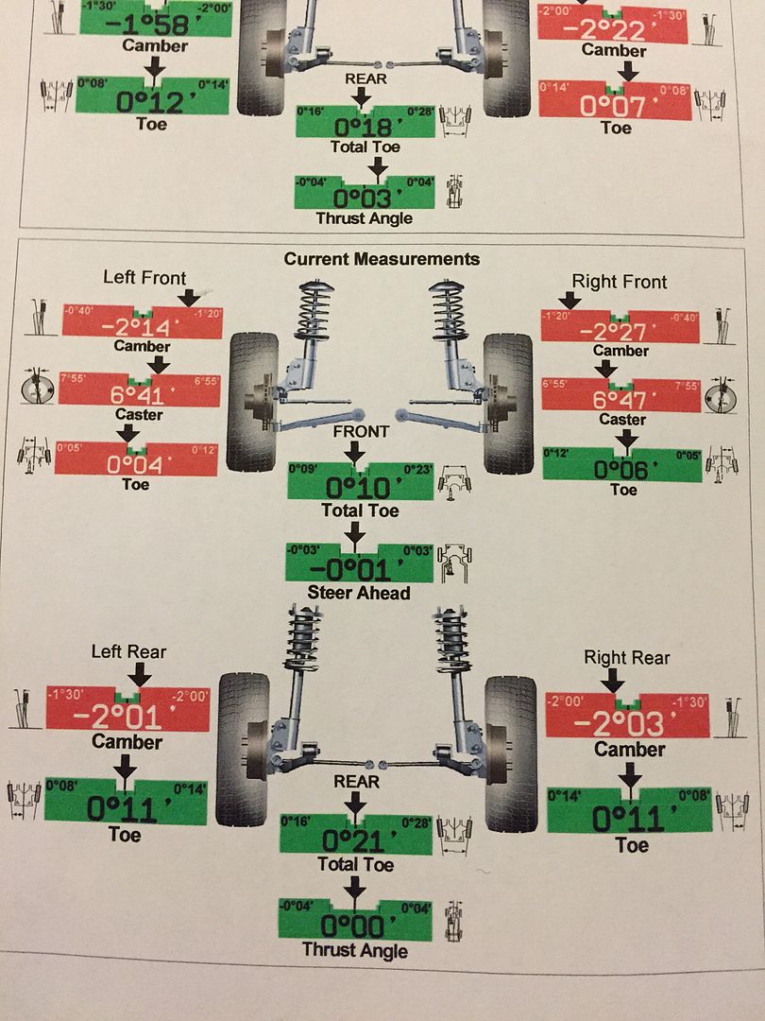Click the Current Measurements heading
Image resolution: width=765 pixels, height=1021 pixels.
point(382,259)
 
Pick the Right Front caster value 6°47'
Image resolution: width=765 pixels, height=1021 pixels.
point(620,400)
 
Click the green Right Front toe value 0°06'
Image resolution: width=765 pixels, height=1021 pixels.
point(623,468)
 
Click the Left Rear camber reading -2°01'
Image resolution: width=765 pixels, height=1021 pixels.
point(127,715)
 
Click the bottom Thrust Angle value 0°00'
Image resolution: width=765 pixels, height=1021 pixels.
point(354,923)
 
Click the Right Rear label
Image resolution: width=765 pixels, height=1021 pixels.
point(627,658)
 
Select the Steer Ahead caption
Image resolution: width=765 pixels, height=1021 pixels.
point(359,594)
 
